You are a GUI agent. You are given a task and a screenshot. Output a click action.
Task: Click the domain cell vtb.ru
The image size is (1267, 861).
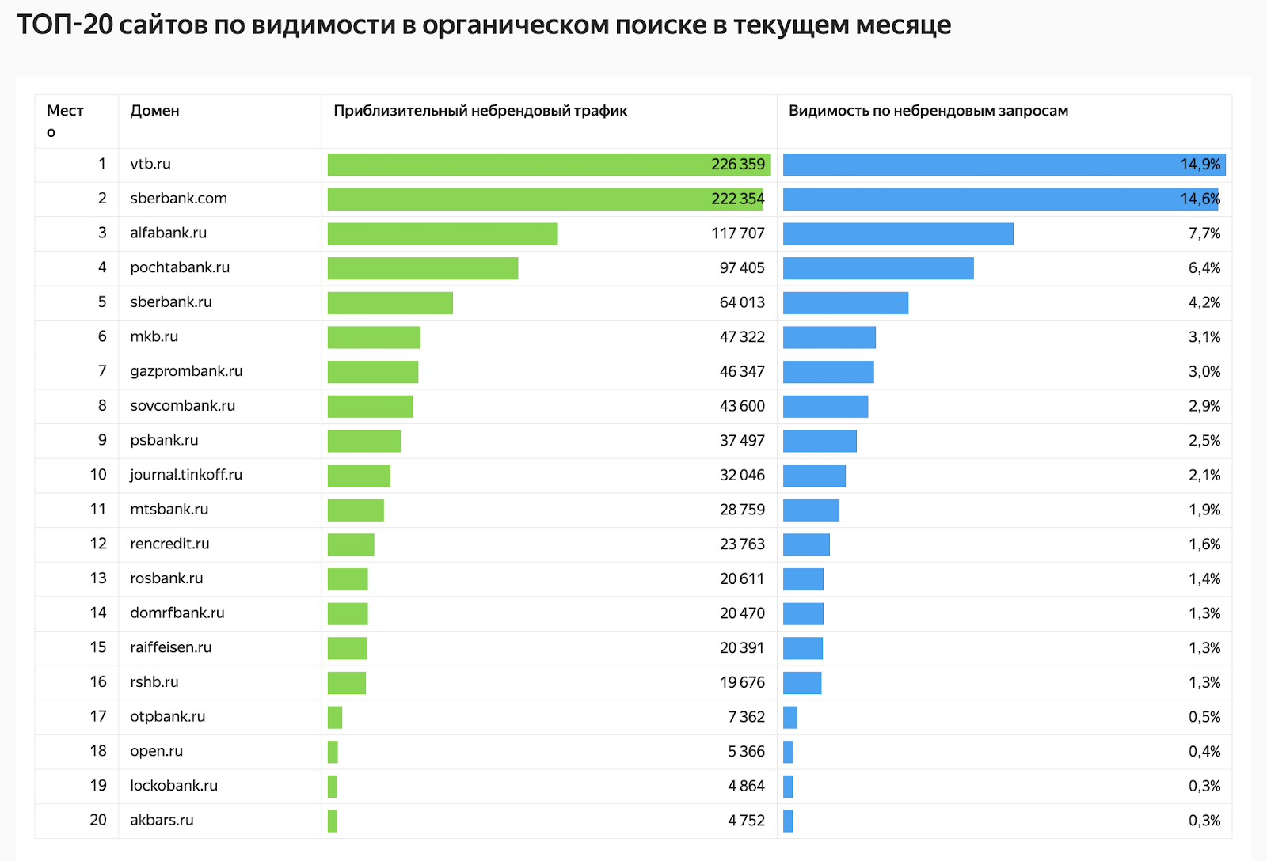150,164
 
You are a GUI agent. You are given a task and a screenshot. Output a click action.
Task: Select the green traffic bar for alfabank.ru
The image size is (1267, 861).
443,233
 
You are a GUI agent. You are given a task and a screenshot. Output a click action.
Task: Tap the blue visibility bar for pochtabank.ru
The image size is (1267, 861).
878,268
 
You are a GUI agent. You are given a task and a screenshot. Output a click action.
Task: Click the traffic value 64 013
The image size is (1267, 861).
742,302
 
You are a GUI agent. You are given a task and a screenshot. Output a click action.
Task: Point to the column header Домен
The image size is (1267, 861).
154,111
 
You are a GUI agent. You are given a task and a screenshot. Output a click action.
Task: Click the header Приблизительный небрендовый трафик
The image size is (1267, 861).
480,111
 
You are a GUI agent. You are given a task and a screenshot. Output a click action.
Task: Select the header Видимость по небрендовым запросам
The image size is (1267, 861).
928,111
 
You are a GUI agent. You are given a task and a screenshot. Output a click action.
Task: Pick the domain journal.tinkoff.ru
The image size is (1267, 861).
186,475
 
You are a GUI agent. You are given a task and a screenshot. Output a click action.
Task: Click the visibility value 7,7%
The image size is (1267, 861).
1204,233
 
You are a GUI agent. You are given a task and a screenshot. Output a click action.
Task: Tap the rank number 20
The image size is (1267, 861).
98,820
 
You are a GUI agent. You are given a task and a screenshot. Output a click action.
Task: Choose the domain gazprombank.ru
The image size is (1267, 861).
186,371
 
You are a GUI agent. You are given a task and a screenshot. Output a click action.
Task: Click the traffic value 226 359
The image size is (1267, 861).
738,165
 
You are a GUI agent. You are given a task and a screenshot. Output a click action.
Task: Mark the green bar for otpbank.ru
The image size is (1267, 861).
335,717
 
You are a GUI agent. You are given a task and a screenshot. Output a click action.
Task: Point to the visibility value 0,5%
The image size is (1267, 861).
1204,717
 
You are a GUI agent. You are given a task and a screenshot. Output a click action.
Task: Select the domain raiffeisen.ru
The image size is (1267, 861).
171,647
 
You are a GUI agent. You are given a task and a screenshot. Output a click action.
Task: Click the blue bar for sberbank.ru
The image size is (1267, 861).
846,303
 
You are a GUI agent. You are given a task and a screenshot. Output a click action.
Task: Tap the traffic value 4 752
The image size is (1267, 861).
746,821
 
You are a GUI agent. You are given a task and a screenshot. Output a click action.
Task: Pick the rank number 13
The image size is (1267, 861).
98,578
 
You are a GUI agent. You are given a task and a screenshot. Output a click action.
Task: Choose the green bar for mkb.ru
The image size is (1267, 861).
374,337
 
